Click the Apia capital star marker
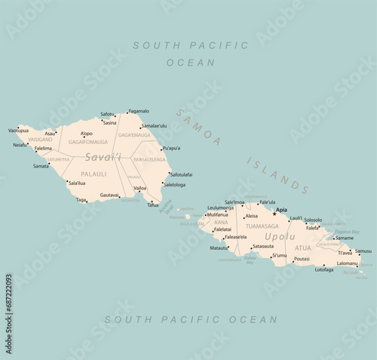[274, 213]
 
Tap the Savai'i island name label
[102, 157]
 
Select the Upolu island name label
[280, 237]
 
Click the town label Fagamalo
[139, 111]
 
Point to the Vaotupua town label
[18, 131]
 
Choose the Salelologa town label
[174, 184]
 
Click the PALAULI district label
[93, 173]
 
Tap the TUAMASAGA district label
[262, 226]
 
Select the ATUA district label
[302, 248]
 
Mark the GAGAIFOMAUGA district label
[88, 141]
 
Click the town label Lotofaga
[324, 269]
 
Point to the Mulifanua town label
[219, 214]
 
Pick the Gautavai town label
[109, 195]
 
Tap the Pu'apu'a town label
[171, 148]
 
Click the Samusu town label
[363, 251]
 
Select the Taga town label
[81, 200]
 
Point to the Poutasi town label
[301, 259]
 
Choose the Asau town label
[51, 133]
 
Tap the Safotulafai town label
[181, 174]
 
